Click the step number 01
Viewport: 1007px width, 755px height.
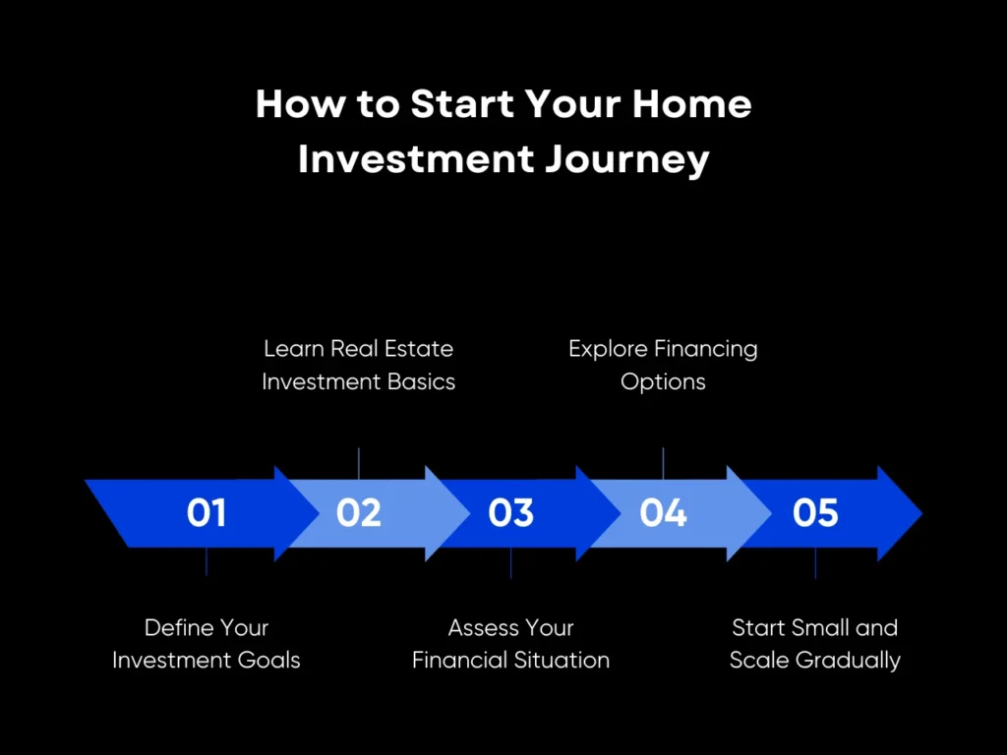[x=207, y=513]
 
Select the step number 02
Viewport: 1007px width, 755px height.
[x=358, y=513]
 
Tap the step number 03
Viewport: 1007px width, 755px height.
[x=510, y=513]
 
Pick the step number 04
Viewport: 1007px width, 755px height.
[x=663, y=513]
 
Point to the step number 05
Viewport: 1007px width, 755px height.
[x=815, y=513]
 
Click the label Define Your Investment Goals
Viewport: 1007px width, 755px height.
[x=207, y=644]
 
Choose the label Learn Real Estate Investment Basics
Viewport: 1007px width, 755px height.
[x=358, y=365]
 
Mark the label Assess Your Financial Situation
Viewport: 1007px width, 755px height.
[x=510, y=644]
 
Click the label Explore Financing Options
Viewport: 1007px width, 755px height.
[x=663, y=365]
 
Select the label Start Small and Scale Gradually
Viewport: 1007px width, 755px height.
[x=815, y=644]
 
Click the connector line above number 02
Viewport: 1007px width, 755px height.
[x=359, y=463]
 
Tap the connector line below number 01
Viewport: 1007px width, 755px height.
[x=207, y=561]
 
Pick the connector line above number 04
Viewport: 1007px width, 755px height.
[x=663, y=463]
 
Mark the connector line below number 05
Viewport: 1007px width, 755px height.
[x=815, y=563]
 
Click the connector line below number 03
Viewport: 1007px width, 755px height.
[x=510, y=563]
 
